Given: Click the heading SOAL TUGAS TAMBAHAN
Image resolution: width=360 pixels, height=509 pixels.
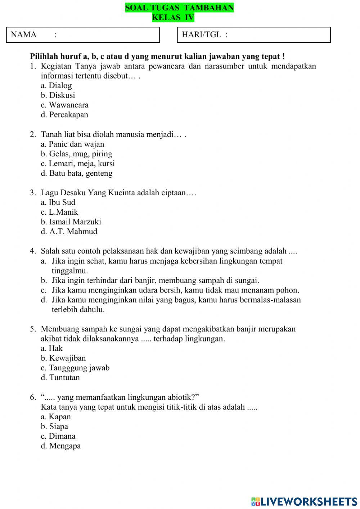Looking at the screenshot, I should coord(179,8).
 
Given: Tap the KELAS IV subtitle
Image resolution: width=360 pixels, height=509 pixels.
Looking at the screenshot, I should coord(173,17).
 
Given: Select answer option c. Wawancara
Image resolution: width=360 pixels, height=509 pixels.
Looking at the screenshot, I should coord(65,105).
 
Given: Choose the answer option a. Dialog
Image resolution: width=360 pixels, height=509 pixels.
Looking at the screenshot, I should coord(57,86).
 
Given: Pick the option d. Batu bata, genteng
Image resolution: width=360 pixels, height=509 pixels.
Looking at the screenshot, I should coord(77,173).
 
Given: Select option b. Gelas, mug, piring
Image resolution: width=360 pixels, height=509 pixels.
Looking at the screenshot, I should coord(77,154).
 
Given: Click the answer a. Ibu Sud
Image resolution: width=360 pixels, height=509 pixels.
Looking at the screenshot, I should coord(58,202).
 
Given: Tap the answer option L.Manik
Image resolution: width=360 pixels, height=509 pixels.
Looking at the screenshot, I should coord(59,212).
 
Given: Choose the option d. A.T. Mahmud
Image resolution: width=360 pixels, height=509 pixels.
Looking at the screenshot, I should coord(69,232).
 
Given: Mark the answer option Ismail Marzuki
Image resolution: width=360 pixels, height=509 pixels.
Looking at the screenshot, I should coord(71,222).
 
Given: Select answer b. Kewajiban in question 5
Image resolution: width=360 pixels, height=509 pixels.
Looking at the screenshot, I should coord(63,358).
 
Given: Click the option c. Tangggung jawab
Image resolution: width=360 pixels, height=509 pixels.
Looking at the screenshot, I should coord(75,368).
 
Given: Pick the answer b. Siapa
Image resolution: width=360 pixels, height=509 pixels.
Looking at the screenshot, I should coord(54,427).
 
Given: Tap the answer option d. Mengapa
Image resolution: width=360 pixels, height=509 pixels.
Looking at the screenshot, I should coord(61,446).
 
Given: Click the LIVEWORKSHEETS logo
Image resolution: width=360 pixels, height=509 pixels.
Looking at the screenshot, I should coord(304,501).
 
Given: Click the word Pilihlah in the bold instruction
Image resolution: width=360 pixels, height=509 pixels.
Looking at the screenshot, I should coord(42,57).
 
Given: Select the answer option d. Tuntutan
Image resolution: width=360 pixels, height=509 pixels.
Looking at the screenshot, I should coord(60,378).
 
